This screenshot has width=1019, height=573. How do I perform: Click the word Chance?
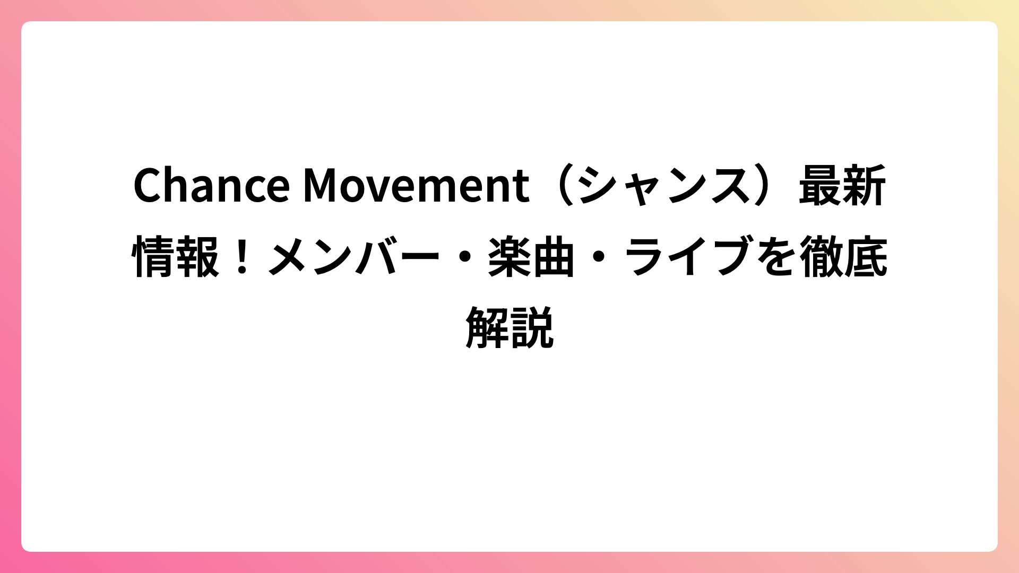coord(211,185)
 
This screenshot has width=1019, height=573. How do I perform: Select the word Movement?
coord(416,185)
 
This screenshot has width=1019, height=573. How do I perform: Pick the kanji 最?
coord(820,185)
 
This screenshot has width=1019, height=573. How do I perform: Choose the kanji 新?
coord(864,185)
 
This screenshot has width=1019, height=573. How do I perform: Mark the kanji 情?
coord(153,257)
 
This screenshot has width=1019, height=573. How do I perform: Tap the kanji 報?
coord(197,257)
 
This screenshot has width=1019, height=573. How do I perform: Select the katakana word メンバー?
coord(354,257)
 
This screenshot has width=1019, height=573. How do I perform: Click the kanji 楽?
coord(509,257)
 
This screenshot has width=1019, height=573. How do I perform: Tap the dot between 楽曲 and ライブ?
coord(598,257)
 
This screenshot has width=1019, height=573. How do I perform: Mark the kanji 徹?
coord(821,257)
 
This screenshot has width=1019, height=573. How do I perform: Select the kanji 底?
coord(865,257)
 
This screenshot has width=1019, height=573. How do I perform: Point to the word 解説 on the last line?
coord(509,328)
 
